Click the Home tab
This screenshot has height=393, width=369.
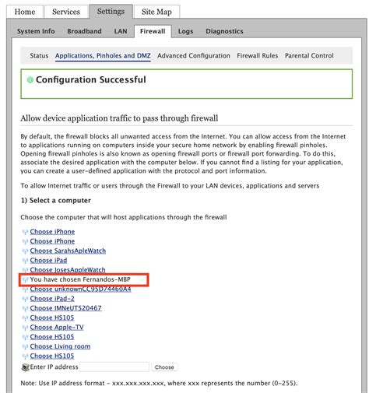coord(24,12)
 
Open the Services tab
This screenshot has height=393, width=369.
coord(65,12)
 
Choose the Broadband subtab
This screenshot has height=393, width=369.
coord(84,31)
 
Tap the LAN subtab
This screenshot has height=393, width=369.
coord(121,31)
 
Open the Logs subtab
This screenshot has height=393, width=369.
coord(184,31)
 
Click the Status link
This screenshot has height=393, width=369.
coord(39,56)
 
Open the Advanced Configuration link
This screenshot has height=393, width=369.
coord(193,56)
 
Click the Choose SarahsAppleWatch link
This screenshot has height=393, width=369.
coord(68,251)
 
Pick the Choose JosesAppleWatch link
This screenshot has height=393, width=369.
coord(67,269)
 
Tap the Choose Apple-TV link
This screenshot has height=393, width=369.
coord(57,327)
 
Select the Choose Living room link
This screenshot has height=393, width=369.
coord(60,346)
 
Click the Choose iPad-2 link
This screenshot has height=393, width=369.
coord(52,298)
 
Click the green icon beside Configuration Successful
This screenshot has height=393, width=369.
coord(30,80)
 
